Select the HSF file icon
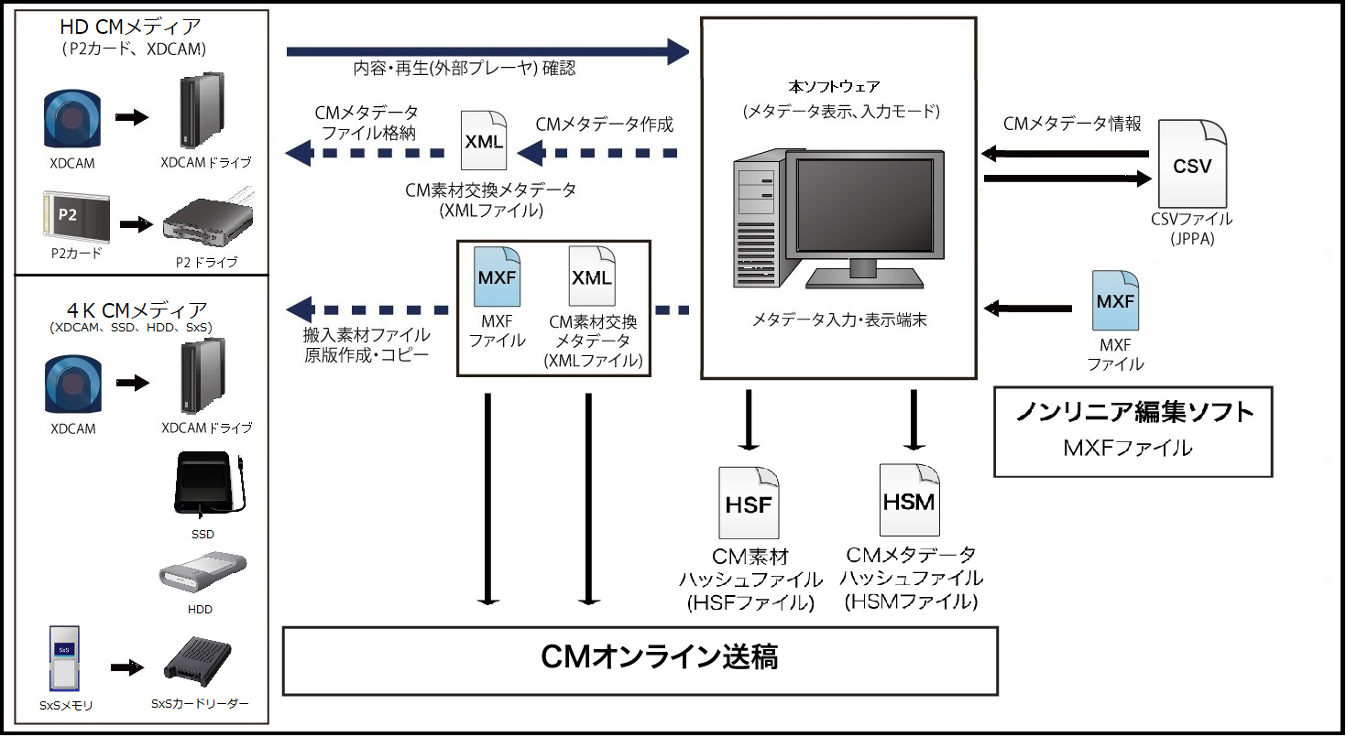[749, 503]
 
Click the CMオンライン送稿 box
[640, 659]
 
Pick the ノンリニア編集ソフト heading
[1133, 413]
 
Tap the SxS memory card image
[63, 660]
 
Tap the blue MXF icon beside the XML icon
[496, 278]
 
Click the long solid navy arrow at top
[487, 51]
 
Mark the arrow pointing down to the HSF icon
[749, 419]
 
